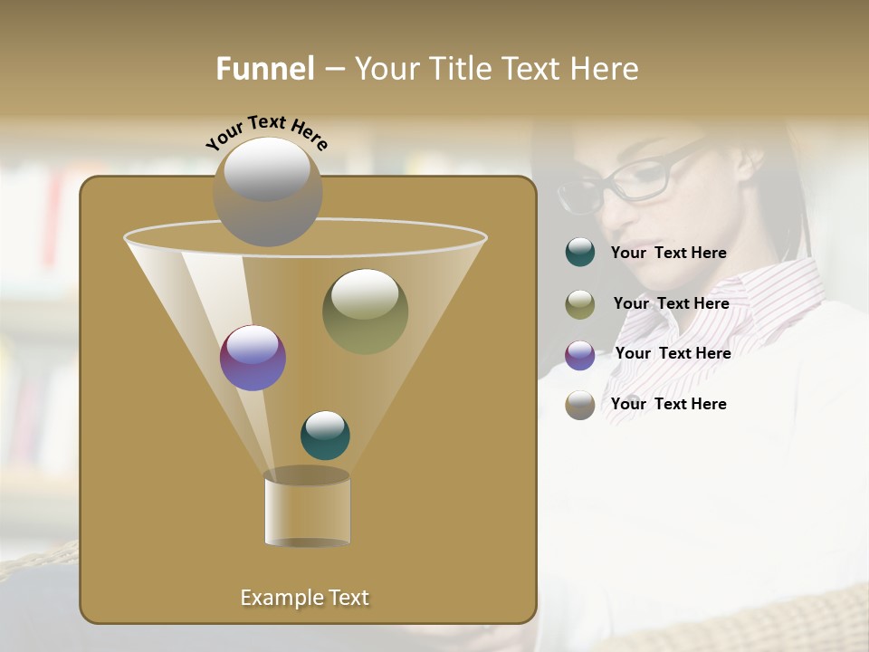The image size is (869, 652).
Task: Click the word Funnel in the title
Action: [x=264, y=69]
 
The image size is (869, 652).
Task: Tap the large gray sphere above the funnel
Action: [x=267, y=191]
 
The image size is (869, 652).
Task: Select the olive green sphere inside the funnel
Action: [x=365, y=311]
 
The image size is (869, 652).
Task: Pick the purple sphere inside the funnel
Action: [x=253, y=358]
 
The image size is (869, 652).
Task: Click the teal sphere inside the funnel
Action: [x=325, y=435]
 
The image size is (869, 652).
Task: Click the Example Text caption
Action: [x=304, y=598]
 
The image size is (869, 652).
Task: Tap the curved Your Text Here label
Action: [x=267, y=132]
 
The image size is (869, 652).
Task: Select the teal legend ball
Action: [x=580, y=253]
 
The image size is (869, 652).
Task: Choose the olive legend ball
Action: [x=580, y=304]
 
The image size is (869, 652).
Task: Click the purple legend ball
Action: [x=580, y=355]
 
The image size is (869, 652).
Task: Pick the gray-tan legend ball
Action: [x=580, y=405]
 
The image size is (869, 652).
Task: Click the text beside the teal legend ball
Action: [x=668, y=254]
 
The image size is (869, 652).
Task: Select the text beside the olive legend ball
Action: [x=671, y=303]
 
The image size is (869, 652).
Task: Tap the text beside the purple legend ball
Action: [x=673, y=353]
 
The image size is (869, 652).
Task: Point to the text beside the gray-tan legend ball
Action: [x=668, y=404]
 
